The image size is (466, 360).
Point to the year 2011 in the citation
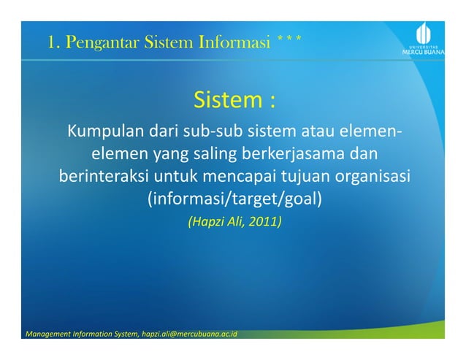coord(262,220)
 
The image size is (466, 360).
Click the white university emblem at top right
coord(422,31)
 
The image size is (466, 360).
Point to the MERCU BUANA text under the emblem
coord(423,53)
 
